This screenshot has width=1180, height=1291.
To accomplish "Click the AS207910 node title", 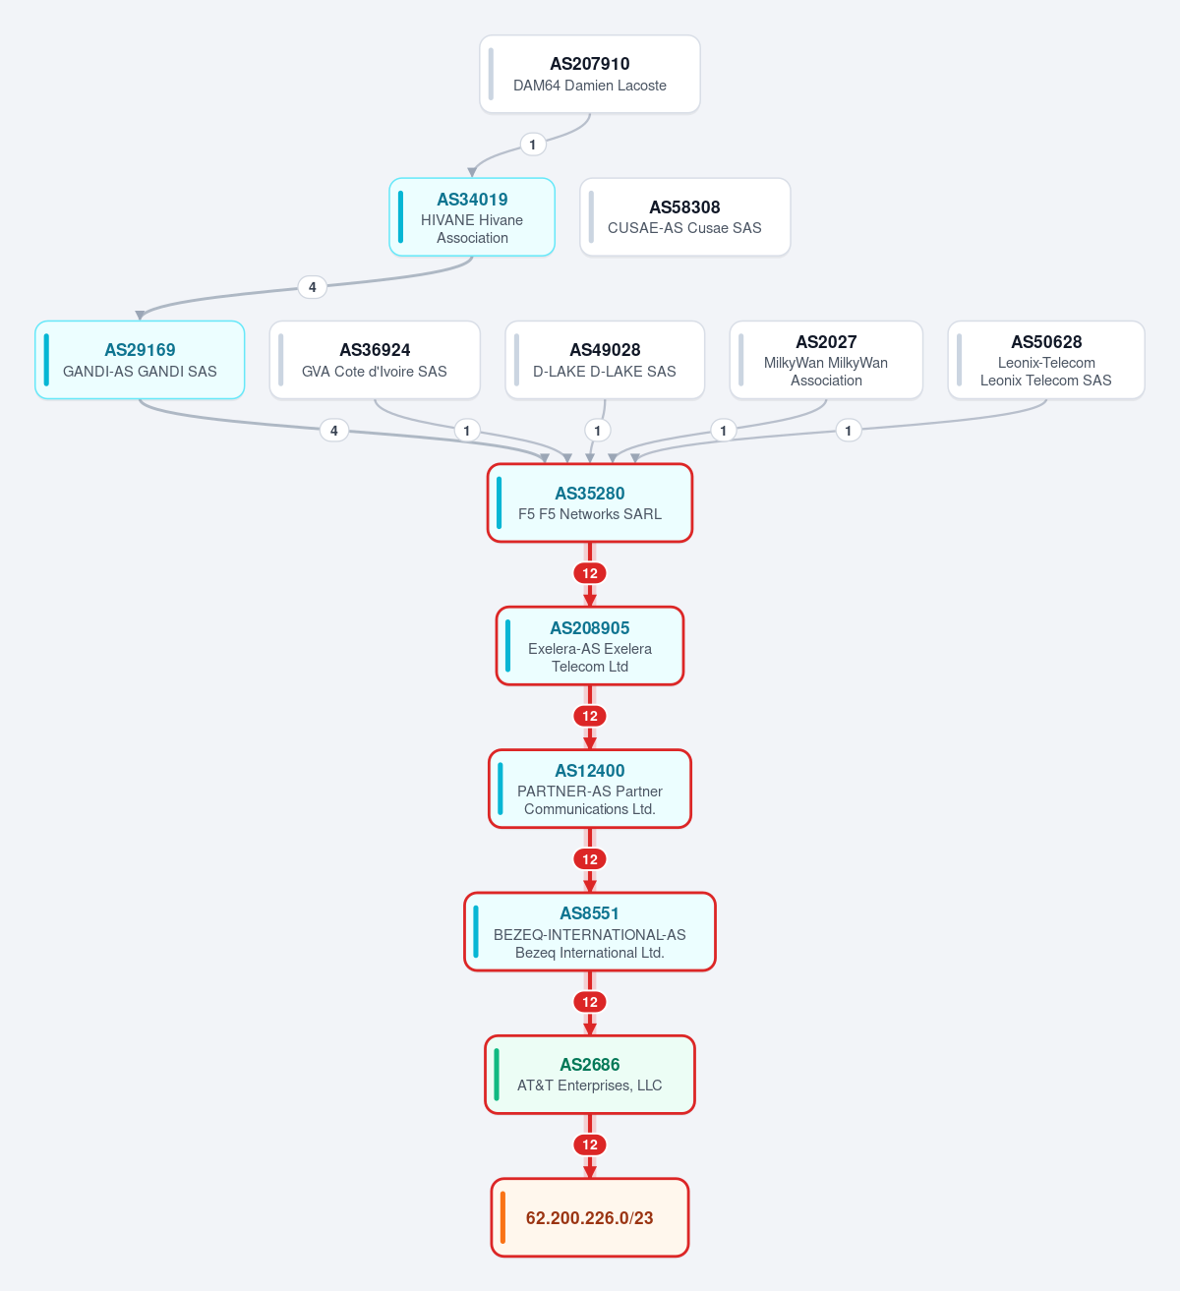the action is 590,64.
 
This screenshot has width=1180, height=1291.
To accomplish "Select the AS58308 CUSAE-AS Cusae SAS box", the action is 685,217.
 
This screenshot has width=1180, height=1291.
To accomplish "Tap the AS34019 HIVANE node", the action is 472,217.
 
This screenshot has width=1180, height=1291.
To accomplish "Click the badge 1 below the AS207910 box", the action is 532,145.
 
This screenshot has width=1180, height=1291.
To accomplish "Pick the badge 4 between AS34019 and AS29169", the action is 313,287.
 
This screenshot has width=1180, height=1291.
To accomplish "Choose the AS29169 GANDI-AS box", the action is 140,360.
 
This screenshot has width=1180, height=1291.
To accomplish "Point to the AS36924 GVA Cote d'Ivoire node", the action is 375,360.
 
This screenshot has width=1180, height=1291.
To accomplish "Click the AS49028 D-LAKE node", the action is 605,360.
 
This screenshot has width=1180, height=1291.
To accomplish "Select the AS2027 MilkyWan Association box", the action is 826,360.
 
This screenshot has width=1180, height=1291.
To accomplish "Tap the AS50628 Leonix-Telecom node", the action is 1046,360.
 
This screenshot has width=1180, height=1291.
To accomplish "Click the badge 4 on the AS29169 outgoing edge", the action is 334,431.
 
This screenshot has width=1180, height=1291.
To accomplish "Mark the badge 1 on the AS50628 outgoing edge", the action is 849,431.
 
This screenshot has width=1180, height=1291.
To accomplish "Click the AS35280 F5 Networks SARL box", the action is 590,502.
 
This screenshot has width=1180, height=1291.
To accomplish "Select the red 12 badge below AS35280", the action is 590,573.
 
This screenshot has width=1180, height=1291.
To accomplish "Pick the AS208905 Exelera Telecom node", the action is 590,645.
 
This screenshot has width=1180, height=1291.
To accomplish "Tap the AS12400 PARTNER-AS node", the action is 590,789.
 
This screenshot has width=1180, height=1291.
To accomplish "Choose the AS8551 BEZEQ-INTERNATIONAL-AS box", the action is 590,931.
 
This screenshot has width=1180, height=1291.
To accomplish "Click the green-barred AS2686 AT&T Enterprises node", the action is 590,1074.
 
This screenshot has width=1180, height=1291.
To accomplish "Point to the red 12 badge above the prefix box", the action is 590,1144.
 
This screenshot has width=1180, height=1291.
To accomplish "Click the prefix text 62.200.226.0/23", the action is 590,1217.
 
